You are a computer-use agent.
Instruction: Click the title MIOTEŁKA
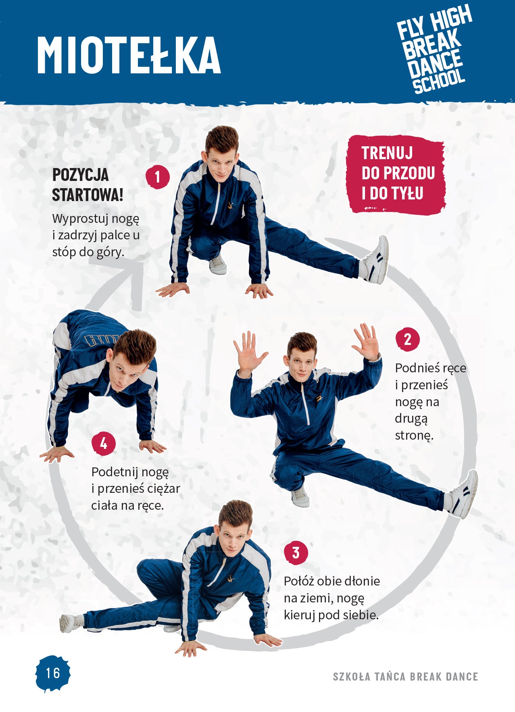tap(129, 55)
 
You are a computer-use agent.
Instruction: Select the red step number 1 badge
tap(157, 176)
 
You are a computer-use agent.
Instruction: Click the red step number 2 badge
tap(407, 339)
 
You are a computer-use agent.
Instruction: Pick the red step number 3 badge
tap(296, 552)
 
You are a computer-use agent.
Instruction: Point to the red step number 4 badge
tap(104, 443)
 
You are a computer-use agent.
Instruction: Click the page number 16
tap(53, 673)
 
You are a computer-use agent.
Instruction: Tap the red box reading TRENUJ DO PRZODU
tap(396, 174)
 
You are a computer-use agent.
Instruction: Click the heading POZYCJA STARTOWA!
tap(88, 185)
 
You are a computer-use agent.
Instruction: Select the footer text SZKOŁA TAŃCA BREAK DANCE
tap(405, 677)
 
